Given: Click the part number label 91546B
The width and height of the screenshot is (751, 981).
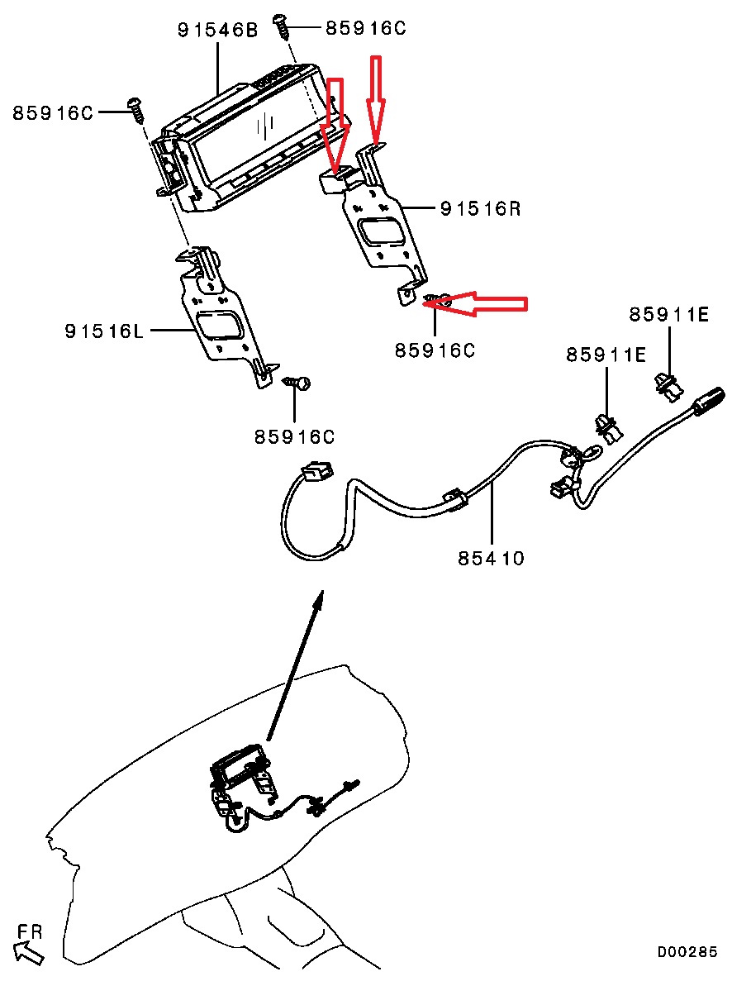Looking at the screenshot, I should click(x=217, y=31).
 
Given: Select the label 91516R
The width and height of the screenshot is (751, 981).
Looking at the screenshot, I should click(x=480, y=209).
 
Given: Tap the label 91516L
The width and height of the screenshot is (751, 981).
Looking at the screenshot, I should click(x=104, y=331).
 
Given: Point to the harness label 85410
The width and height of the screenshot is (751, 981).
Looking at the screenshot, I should click(x=491, y=559).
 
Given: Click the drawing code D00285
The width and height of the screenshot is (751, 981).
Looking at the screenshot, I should click(x=687, y=952).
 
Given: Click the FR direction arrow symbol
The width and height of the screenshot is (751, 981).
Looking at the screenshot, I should click(x=30, y=955).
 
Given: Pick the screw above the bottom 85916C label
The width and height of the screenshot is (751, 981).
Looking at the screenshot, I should click(x=298, y=382).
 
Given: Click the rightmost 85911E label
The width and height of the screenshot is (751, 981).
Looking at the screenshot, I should click(x=668, y=315).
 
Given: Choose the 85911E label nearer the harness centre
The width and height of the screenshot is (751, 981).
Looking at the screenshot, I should click(x=606, y=355).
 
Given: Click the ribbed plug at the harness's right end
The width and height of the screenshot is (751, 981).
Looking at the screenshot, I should click(x=708, y=400).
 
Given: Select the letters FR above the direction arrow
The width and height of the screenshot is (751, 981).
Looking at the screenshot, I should click(x=30, y=931).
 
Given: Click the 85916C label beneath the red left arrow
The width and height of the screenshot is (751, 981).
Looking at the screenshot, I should click(x=435, y=350).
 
